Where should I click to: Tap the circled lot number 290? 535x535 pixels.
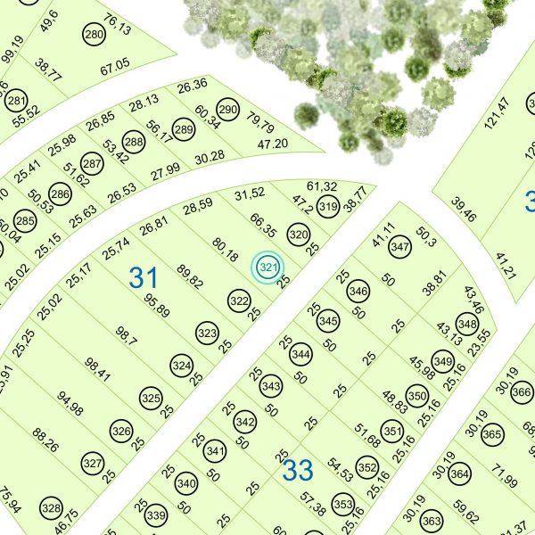tap(228, 111)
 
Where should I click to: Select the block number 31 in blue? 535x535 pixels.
tap(143, 277)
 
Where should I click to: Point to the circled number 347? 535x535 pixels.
tap(399, 247)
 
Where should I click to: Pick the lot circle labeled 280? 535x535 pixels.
tap(94, 35)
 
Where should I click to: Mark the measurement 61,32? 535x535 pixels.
tap(321, 186)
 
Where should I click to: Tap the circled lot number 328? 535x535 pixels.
tap(51, 510)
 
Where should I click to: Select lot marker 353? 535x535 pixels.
tap(342, 503)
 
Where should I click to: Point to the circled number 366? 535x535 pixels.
tap(523, 393)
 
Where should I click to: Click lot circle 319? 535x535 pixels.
tap(327, 208)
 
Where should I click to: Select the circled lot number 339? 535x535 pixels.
tap(156, 516)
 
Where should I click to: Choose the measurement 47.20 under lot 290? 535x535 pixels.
tap(273, 144)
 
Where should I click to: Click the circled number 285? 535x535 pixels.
tap(25, 220)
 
